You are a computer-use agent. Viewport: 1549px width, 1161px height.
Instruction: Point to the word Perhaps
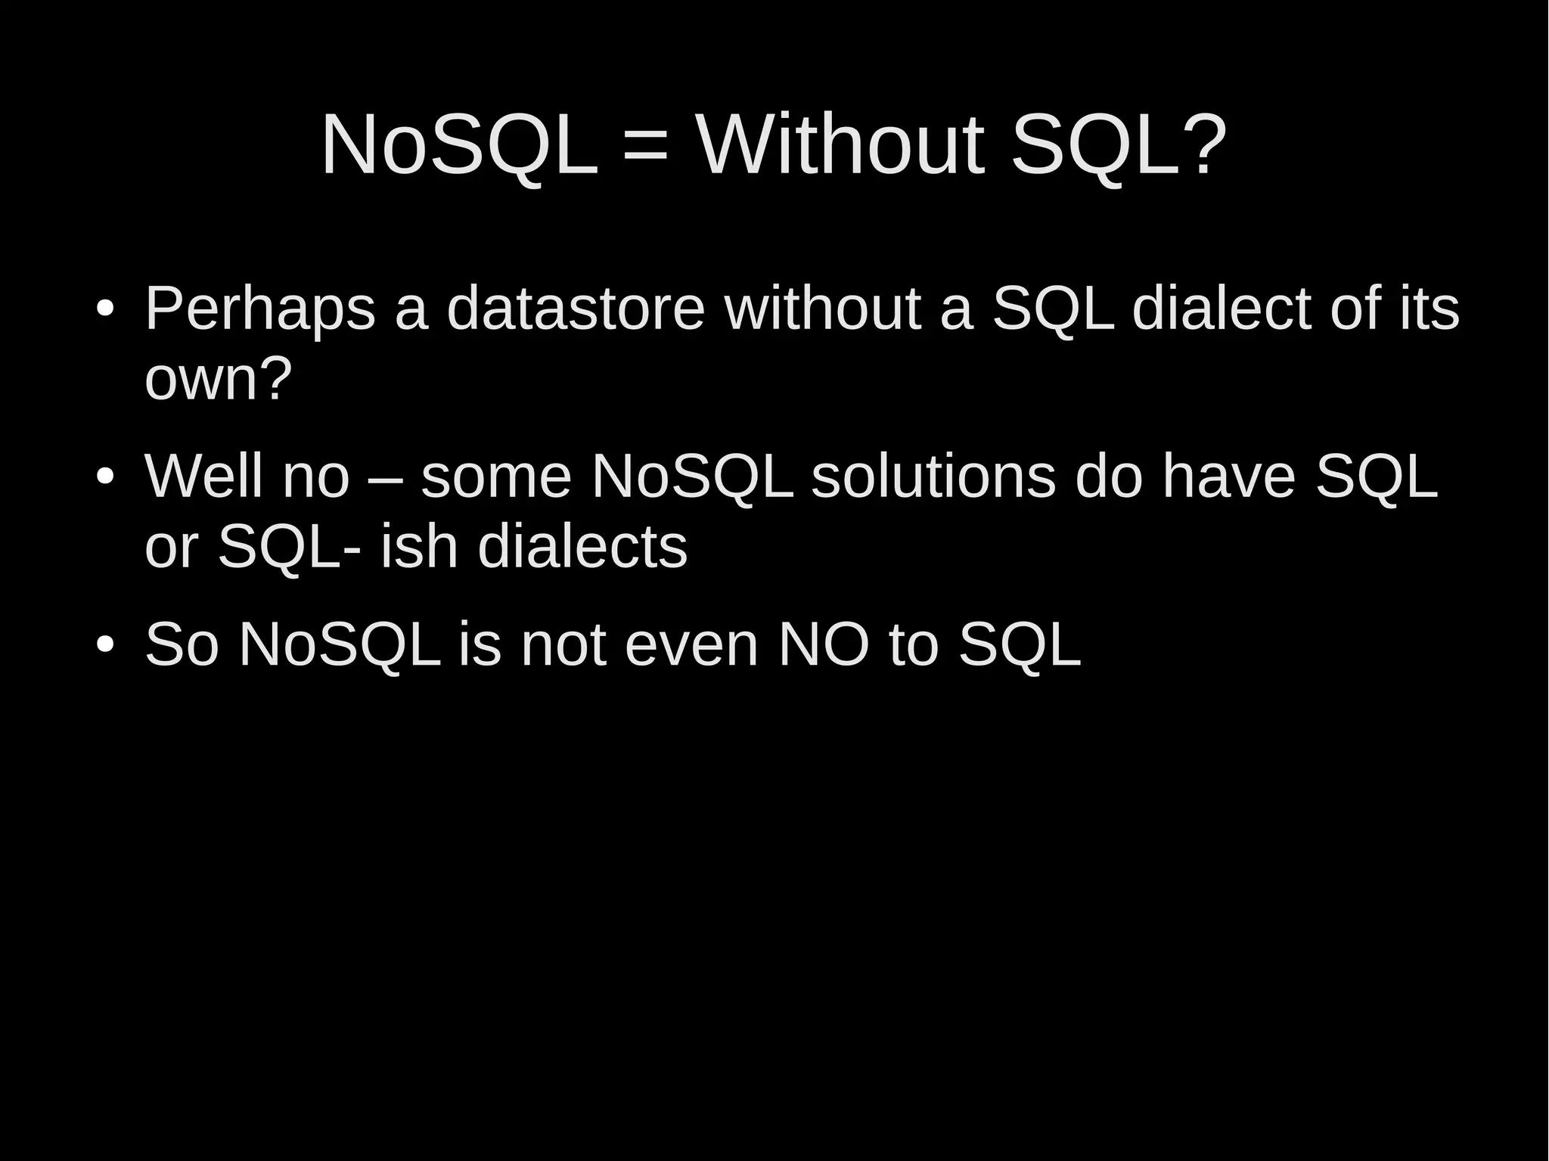click(259, 310)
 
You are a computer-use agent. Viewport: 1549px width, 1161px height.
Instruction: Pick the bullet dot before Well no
click(105, 477)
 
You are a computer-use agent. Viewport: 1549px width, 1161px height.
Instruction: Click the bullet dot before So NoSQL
click(105, 645)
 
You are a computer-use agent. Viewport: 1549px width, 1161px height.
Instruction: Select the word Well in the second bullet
click(203, 477)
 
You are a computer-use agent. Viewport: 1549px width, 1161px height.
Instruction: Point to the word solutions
click(933, 477)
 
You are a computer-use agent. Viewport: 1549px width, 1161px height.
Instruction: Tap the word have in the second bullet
click(1229, 477)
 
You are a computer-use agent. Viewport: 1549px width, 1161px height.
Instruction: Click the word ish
click(419, 546)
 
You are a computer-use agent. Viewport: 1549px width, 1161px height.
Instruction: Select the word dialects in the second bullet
click(582, 546)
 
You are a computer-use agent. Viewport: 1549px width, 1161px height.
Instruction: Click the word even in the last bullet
click(692, 645)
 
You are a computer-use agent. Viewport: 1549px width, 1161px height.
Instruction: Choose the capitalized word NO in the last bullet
click(824, 644)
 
